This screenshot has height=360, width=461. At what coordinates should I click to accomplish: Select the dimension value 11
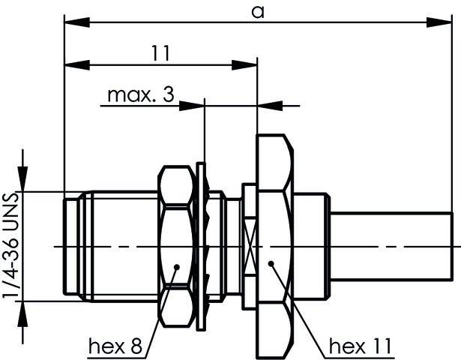pyautogui.click(x=160, y=53)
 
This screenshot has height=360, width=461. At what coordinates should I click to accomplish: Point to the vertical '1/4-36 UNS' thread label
pyautogui.click(x=10, y=247)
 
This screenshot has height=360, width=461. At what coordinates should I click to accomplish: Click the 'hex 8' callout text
pyautogui.click(x=115, y=346)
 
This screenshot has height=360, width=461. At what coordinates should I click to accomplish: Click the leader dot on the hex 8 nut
pyautogui.click(x=176, y=265)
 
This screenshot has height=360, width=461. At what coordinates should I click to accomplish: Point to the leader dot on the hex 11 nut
pyautogui.click(x=271, y=263)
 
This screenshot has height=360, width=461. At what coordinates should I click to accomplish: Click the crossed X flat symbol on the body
pyautogui.click(x=250, y=245)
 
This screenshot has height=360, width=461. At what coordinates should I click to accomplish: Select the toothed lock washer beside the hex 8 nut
pyautogui.click(x=201, y=246)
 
